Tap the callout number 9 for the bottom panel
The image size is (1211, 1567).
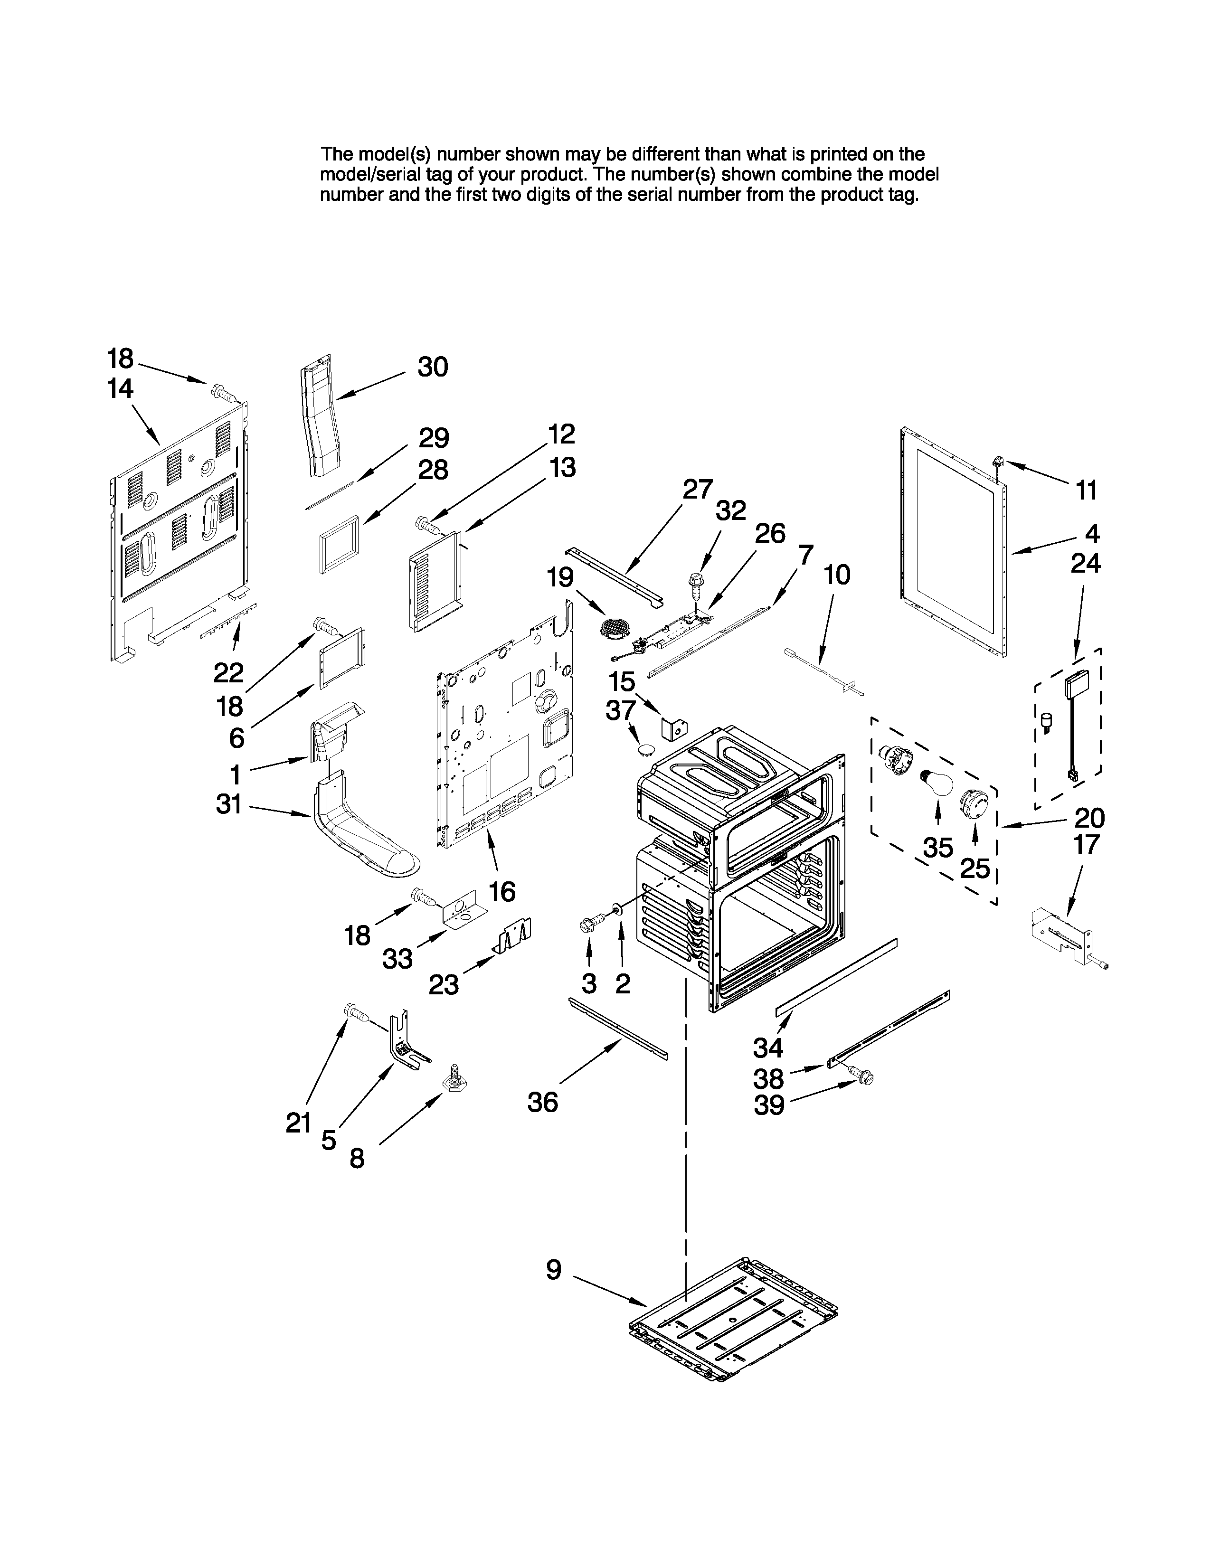[x=554, y=1269]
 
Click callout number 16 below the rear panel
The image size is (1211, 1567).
[x=502, y=892]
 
